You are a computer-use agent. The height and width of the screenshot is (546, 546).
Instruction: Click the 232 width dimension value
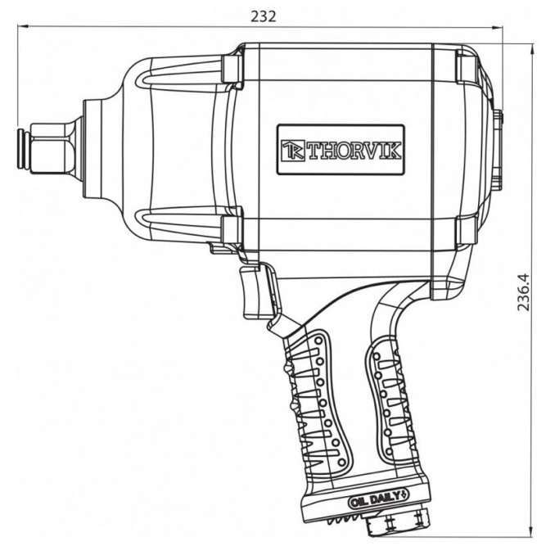264,16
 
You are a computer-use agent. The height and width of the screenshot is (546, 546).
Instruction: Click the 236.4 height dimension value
523,292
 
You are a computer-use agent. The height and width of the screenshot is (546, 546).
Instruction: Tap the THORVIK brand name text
354,151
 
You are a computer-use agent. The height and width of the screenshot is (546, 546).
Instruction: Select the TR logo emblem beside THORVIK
293,151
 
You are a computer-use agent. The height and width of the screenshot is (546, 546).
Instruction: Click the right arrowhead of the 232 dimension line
497,28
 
